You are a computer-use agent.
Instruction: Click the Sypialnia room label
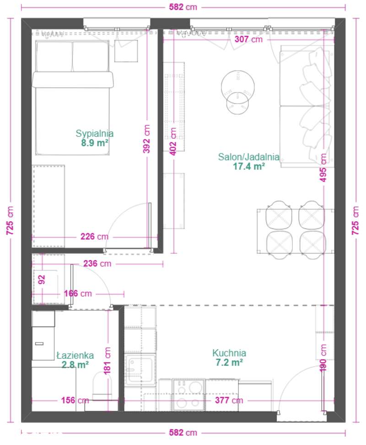[x=94, y=133]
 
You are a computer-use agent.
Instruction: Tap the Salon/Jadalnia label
[x=248, y=157]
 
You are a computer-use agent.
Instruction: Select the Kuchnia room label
[x=229, y=353]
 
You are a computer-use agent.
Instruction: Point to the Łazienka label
[x=75, y=355]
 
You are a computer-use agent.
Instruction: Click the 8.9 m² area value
[x=95, y=143]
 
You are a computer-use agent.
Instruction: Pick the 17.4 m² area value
[x=249, y=166]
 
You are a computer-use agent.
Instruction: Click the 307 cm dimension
[x=248, y=39]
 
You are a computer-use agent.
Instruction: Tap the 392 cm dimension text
[x=146, y=139]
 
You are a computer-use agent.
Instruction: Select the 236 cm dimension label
[x=97, y=264]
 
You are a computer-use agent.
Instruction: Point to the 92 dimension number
[x=42, y=280]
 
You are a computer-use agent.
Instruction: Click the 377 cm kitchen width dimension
[x=229, y=401]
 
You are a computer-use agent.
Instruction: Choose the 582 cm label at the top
[x=183, y=7]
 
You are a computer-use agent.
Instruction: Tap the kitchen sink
[x=140, y=370]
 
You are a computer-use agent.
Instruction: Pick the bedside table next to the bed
[x=126, y=51]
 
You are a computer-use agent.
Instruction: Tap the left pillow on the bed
[x=54, y=56]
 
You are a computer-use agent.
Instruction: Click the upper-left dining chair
[x=279, y=215]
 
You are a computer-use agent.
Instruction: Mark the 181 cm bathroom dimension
[x=107, y=361]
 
